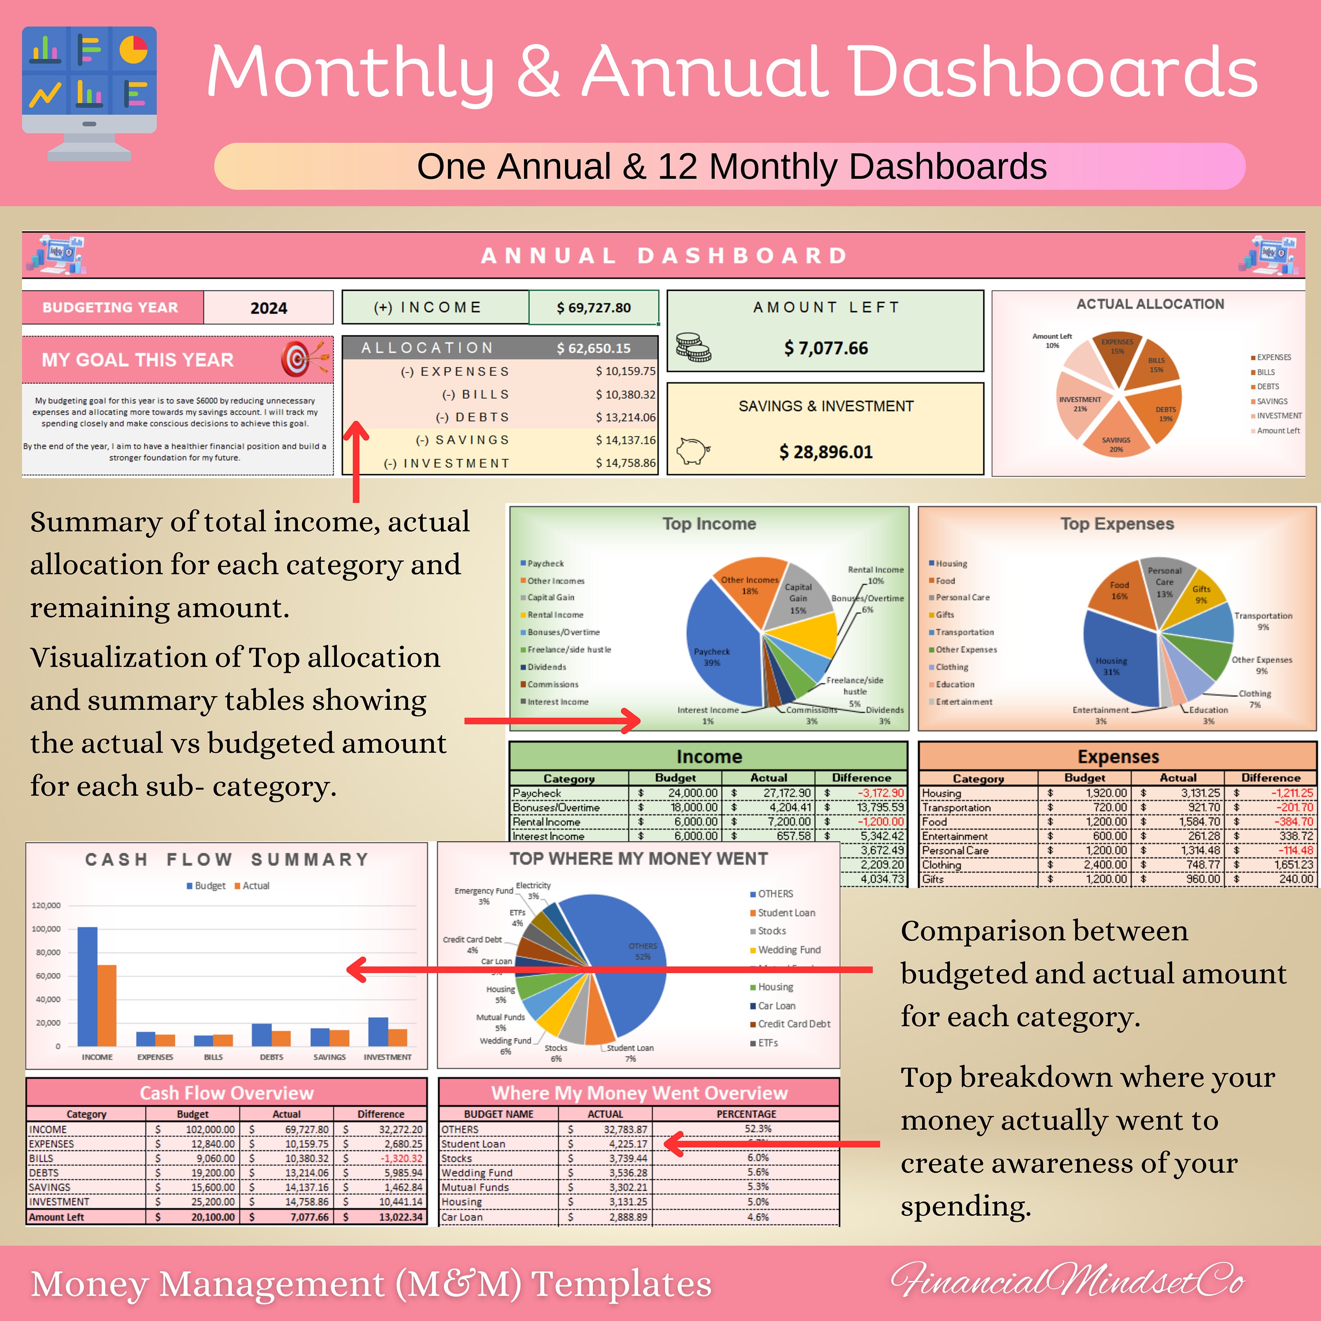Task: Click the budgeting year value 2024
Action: click(268, 308)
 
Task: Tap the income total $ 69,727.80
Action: click(594, 308)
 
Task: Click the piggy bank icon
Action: click(693, 451)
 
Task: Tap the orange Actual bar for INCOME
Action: click(107, 1005)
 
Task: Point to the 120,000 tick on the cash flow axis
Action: click(47, 905)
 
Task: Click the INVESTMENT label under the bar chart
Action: click(387, 1057)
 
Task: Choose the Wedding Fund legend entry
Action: click(789, 950)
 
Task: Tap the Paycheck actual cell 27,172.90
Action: click(786, 793)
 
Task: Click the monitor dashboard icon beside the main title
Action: click(89, 92)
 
